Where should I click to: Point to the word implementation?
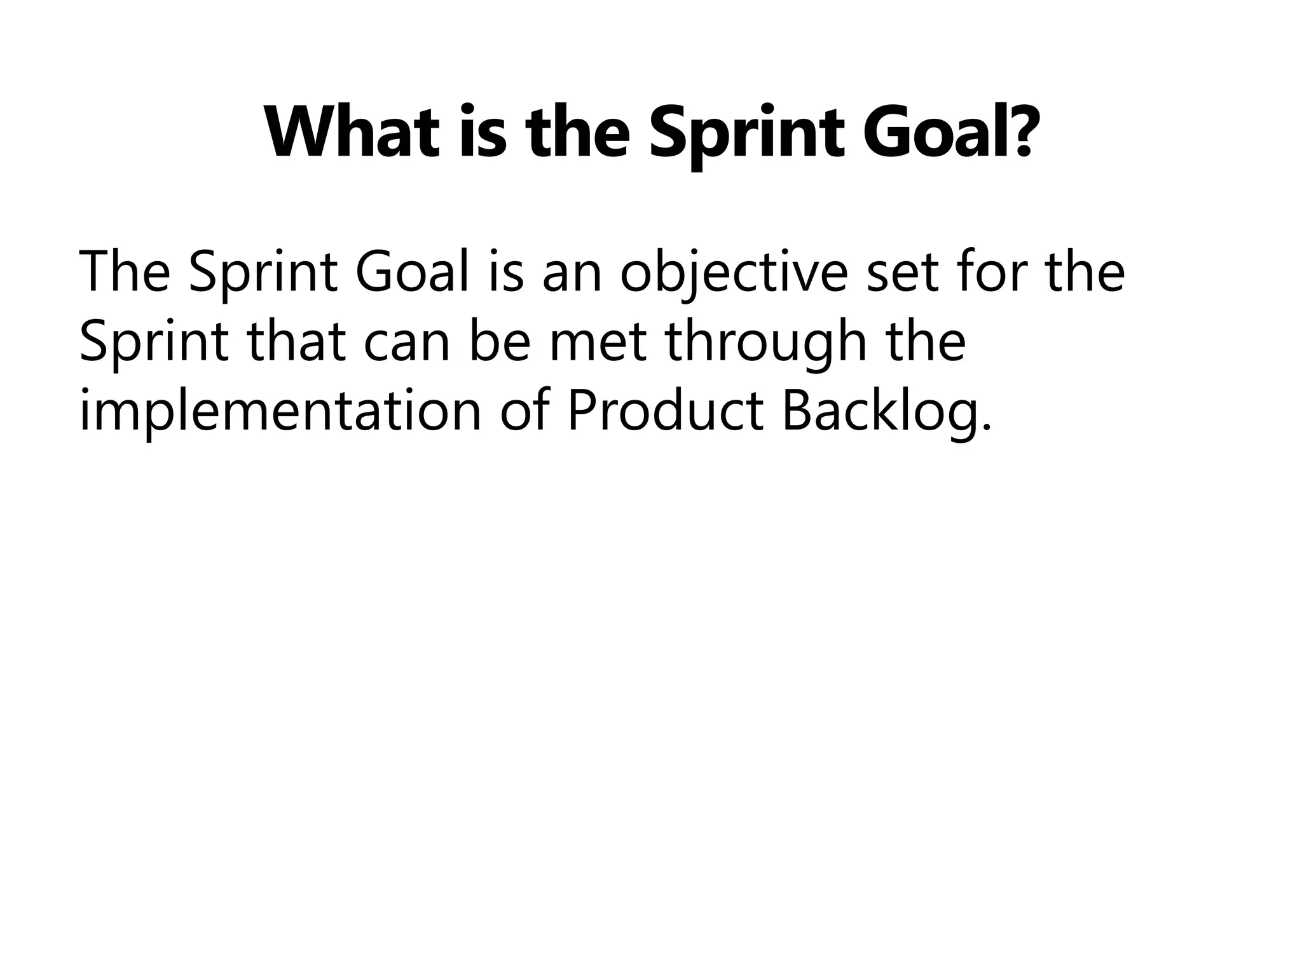[x=280, y=413]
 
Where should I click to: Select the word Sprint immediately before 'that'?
[x=153, y=343]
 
